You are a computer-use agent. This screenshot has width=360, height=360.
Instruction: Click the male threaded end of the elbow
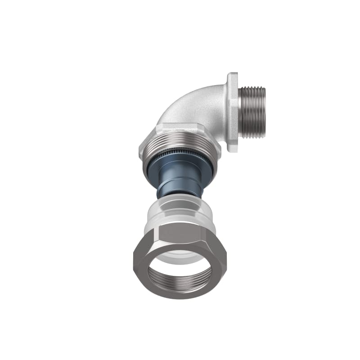[x=252, y=112]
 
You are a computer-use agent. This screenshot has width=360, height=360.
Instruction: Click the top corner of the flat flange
[x=232, y=76]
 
